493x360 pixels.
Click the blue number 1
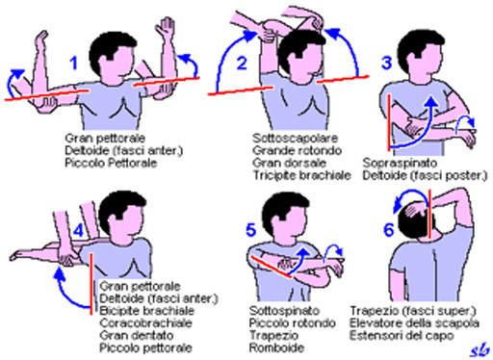point(74,64)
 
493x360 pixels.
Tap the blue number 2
point(242,63)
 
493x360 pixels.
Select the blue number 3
point(387,63)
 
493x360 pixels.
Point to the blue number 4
point(79,230)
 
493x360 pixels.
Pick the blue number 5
point(250,230)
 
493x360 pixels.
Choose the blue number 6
point(389,230)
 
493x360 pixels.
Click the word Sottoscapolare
point(295,139)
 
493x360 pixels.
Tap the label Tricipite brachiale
point(301,175)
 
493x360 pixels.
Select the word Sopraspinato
point(400,163)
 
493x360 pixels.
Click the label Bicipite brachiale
point(147,311)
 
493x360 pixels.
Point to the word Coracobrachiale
point(145,323)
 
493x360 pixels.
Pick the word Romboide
point(276,347)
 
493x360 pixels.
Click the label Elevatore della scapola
point(414,323)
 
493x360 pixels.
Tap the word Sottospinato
point(284,311)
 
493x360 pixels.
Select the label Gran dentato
point(137,336)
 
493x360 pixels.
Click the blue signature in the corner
point(480,350)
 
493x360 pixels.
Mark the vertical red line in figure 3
point(389,122)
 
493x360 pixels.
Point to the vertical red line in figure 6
point(429,214)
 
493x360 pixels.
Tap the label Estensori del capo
point(402,336)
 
